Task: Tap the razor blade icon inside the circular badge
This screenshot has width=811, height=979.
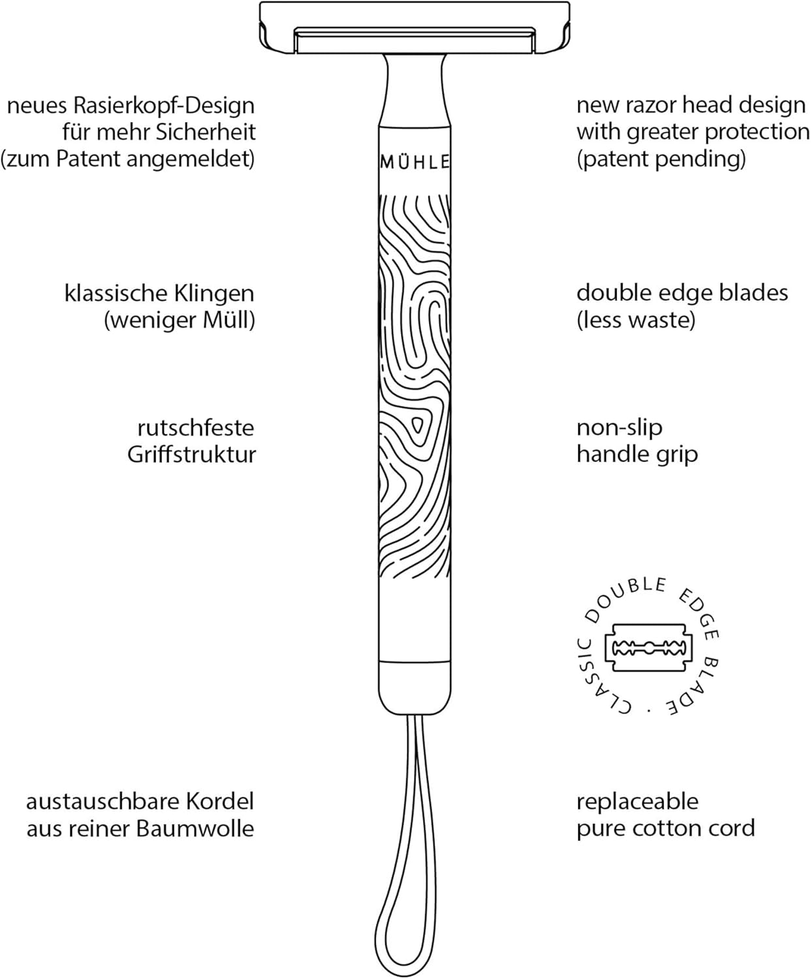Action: click(x=648, y=648)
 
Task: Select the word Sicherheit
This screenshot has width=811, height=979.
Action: click(x=206, y=132)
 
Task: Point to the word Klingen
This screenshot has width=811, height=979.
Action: click(x=214, y=294)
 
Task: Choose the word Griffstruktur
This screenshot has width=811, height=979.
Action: click(x=191, y=454)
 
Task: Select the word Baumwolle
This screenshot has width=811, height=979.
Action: click(x=195, y=828)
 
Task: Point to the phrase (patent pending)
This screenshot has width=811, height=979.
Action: click(x=661, y=159)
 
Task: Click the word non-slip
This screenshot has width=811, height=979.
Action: click(x=619, y=428)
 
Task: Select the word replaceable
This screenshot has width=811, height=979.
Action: click(x=637, y=801)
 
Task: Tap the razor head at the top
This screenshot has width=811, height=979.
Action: click(x=415, y=27)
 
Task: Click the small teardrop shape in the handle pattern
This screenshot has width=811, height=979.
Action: click(x=417, y=426)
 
